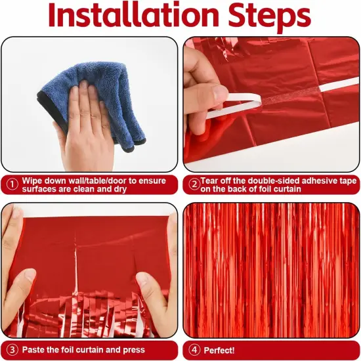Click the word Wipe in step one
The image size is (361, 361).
coord(33,180)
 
